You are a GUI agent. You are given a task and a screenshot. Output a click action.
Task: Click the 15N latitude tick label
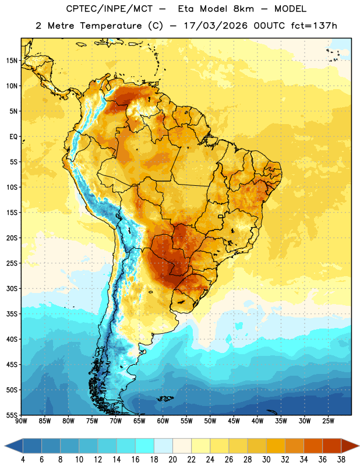12,61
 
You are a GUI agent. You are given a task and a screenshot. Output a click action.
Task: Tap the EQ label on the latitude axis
13,137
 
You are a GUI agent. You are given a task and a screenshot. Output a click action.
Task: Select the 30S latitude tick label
12,288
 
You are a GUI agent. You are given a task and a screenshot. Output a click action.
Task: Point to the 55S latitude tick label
12,415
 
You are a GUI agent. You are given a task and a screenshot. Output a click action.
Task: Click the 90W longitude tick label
21,421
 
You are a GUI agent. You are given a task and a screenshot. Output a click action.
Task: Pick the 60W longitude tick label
163,421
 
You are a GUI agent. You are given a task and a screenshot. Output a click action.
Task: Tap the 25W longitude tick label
329,421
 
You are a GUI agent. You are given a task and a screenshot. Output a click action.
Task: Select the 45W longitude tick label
234,421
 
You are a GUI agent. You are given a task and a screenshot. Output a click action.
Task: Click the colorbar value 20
172,460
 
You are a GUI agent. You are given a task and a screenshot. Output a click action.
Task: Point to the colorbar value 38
341,460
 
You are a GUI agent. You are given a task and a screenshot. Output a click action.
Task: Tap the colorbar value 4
23,460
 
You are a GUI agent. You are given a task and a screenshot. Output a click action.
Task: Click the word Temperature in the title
111,26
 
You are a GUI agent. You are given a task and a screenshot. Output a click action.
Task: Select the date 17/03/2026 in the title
216,26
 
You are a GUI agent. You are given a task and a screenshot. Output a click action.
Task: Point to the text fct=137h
314,26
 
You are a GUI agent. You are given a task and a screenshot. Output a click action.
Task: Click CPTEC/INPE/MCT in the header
110,9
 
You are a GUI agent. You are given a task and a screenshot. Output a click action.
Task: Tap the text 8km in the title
243,9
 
